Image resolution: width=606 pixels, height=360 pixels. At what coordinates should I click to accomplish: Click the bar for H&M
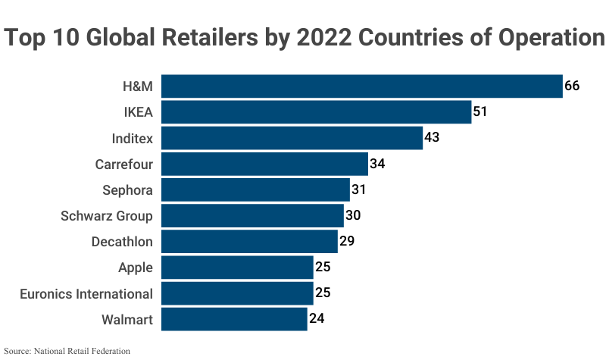[x=361, y=86]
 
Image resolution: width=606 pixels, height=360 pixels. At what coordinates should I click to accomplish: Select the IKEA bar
[x=316, y=112]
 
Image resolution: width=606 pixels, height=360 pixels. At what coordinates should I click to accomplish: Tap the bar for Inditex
[x=292, y=138]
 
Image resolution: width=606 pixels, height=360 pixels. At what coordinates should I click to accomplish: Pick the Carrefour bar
[x=264, y=164]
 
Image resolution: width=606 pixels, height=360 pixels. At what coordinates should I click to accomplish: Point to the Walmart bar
[x=234, y=319]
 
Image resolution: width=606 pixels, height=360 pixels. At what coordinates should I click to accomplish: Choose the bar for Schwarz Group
[x=252, y=216]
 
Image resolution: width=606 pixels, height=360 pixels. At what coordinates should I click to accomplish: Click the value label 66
[x=572, y=86]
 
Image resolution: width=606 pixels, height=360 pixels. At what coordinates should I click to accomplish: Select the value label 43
[x=433, y=138]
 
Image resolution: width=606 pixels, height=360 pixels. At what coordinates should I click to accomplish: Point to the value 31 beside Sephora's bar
[x=359, y=189]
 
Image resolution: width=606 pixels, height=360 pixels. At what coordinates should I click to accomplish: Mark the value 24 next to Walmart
[x=317, y=319]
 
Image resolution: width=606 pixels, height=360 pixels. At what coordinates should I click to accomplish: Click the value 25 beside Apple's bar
[x=323, y=268]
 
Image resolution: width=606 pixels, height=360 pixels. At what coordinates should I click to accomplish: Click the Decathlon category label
[x=122, y=242]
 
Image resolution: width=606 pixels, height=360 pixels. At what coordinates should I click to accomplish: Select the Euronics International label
[x=86, y=293]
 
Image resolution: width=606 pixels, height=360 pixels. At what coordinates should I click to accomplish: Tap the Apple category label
[x=136, y=268]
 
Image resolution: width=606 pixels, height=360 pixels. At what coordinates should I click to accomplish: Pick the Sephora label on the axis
[x=127, y=189]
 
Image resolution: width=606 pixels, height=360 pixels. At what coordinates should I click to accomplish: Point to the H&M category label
[x=138, y=86]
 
